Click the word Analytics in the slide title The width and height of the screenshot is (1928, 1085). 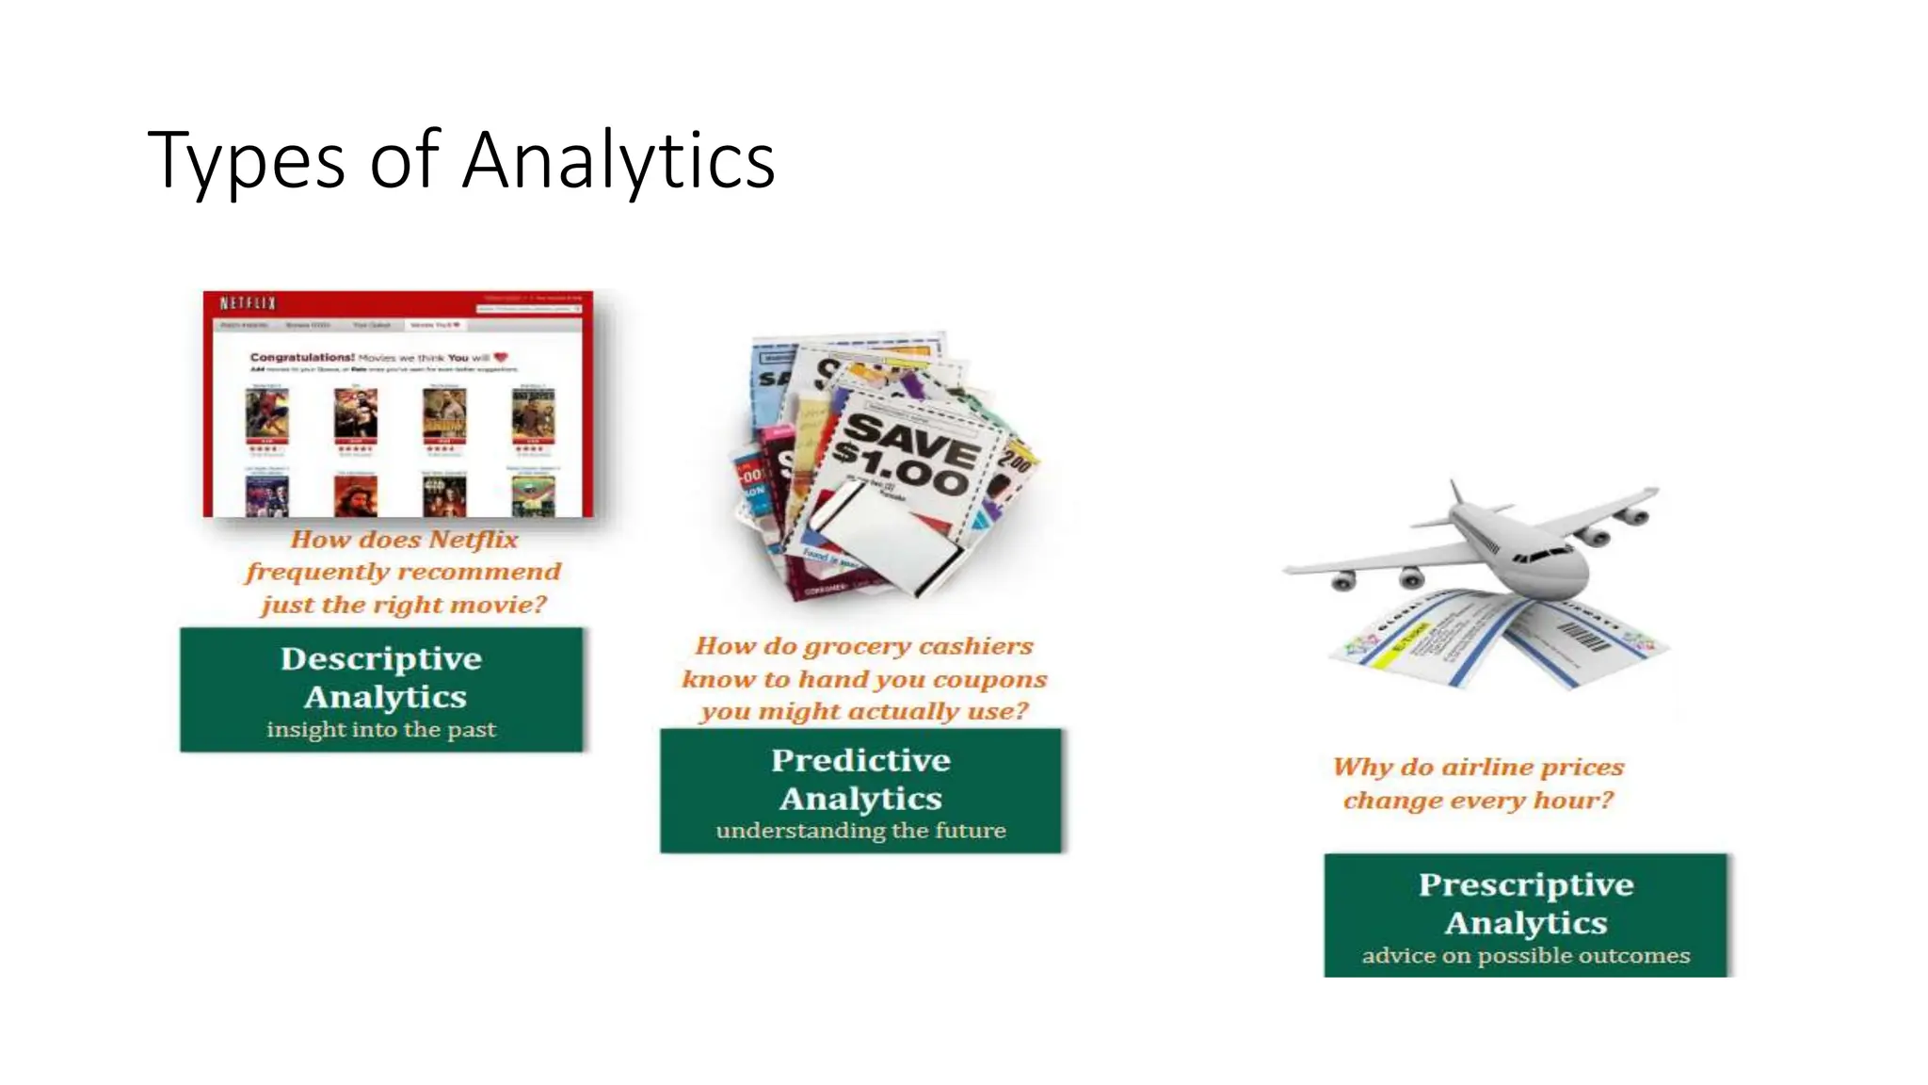(x=619, y=160)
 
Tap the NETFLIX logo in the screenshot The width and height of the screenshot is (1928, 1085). (x=248, y=302)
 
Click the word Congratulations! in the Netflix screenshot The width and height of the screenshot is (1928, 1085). (x=301, y=358)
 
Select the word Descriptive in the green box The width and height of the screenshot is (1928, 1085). (x=381, y=658)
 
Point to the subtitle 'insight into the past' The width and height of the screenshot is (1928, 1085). (x=381, y=730)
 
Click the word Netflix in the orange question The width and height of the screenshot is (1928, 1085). (x=474, y=540)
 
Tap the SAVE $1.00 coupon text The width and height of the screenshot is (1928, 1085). (x=904, y=455)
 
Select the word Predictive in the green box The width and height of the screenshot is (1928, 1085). (x=860, y=760)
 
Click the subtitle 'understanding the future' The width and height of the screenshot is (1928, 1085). (x=860, y=831)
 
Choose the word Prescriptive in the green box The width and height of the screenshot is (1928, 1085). (x=1526, y=884)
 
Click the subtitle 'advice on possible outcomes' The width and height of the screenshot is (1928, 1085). (x=1526, y=956)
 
